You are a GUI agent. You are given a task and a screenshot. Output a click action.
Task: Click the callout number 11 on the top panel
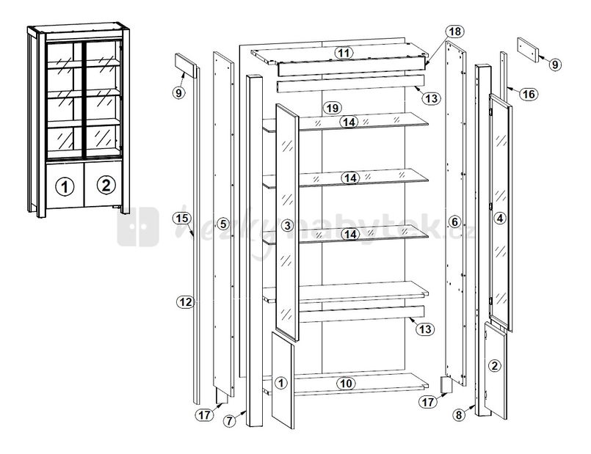[x=343, y=52]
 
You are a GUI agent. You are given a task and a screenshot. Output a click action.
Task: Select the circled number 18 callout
[x=454, y=32]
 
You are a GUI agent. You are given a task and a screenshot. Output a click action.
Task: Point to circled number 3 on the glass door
[x=287, y=224]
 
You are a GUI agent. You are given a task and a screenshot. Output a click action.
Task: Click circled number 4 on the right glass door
[x=500, y=217]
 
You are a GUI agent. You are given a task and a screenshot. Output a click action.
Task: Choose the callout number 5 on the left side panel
[x=224, y=222]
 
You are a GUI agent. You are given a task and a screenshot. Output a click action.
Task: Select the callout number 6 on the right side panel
[x=454, y=221]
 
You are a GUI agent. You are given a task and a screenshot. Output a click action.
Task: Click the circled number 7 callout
[x=231, y=421]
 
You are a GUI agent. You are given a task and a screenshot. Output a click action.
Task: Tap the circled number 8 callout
[x=460, y=415]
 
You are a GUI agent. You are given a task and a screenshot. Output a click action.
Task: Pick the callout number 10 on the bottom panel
[x=345, y=383]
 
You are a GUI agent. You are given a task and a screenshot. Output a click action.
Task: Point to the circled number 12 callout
[x=185, y=301]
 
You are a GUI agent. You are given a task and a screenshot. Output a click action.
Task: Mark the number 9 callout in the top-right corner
[x=554, y=65]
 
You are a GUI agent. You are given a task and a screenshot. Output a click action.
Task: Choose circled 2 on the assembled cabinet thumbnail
[x=106, y=184]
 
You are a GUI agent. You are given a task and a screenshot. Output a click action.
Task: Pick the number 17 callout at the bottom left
[x=203, y=415]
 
